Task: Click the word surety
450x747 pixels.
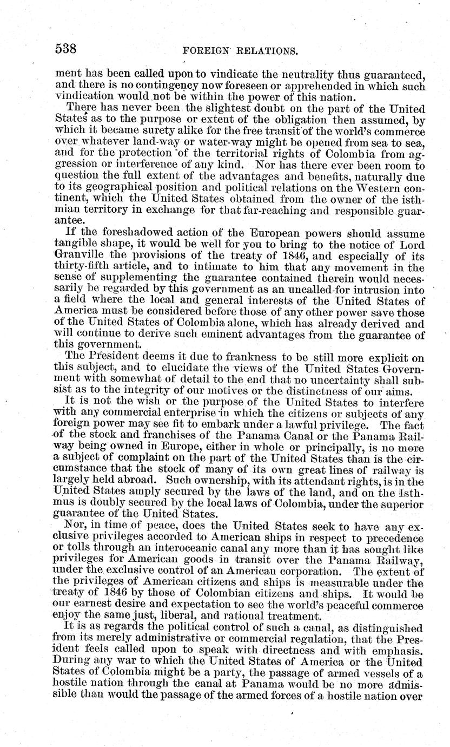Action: [157, 132]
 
